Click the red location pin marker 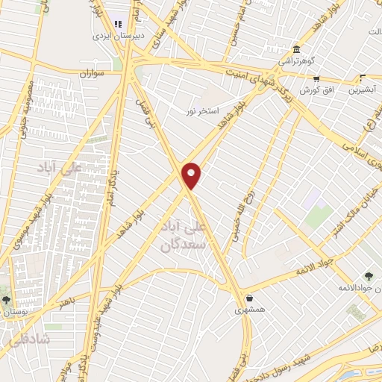[192, 175]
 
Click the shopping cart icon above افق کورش [316, 78]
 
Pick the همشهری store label [248, 309]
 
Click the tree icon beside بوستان [6, 300]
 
